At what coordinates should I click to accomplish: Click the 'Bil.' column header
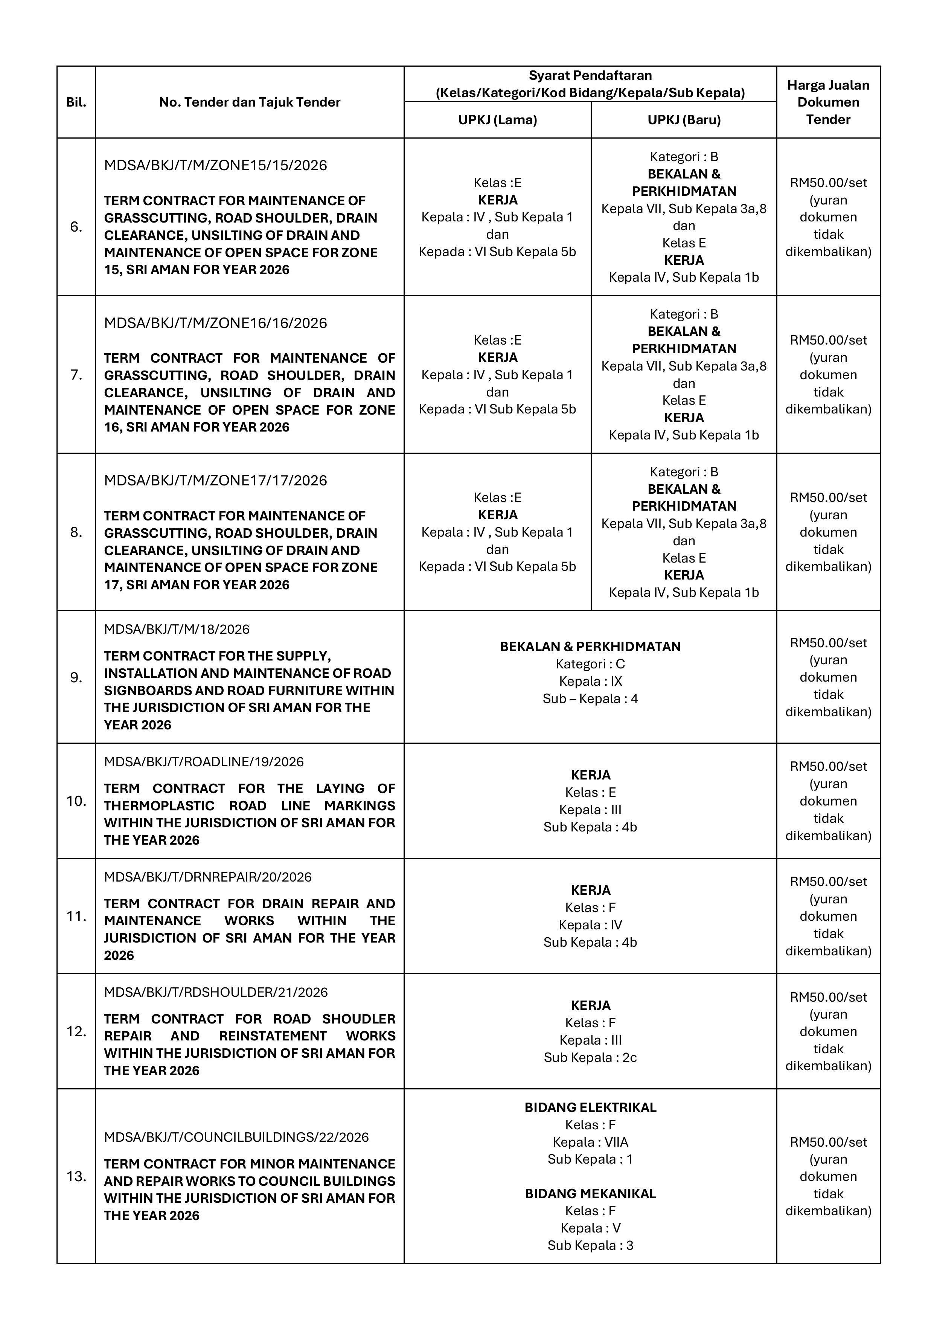point(76,102)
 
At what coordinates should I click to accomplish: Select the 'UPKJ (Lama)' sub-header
point(497,120)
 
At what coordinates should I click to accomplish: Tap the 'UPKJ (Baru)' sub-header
point(684,120)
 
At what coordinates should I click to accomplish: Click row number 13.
point(76,1177)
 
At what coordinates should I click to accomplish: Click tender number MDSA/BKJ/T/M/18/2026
point(177,629)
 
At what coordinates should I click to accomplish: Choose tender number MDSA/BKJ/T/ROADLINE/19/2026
point(204,762)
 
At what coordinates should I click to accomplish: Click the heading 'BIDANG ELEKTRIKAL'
point(590,1107)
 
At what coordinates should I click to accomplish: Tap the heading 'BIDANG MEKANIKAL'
point(590,1194)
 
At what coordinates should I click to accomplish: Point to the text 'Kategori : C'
point(590,664)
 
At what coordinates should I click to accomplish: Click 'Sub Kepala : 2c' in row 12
point(590,1057)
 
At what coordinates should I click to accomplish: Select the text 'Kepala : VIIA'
point(590,1142)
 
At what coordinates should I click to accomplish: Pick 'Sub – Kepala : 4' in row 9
point(590,699)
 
